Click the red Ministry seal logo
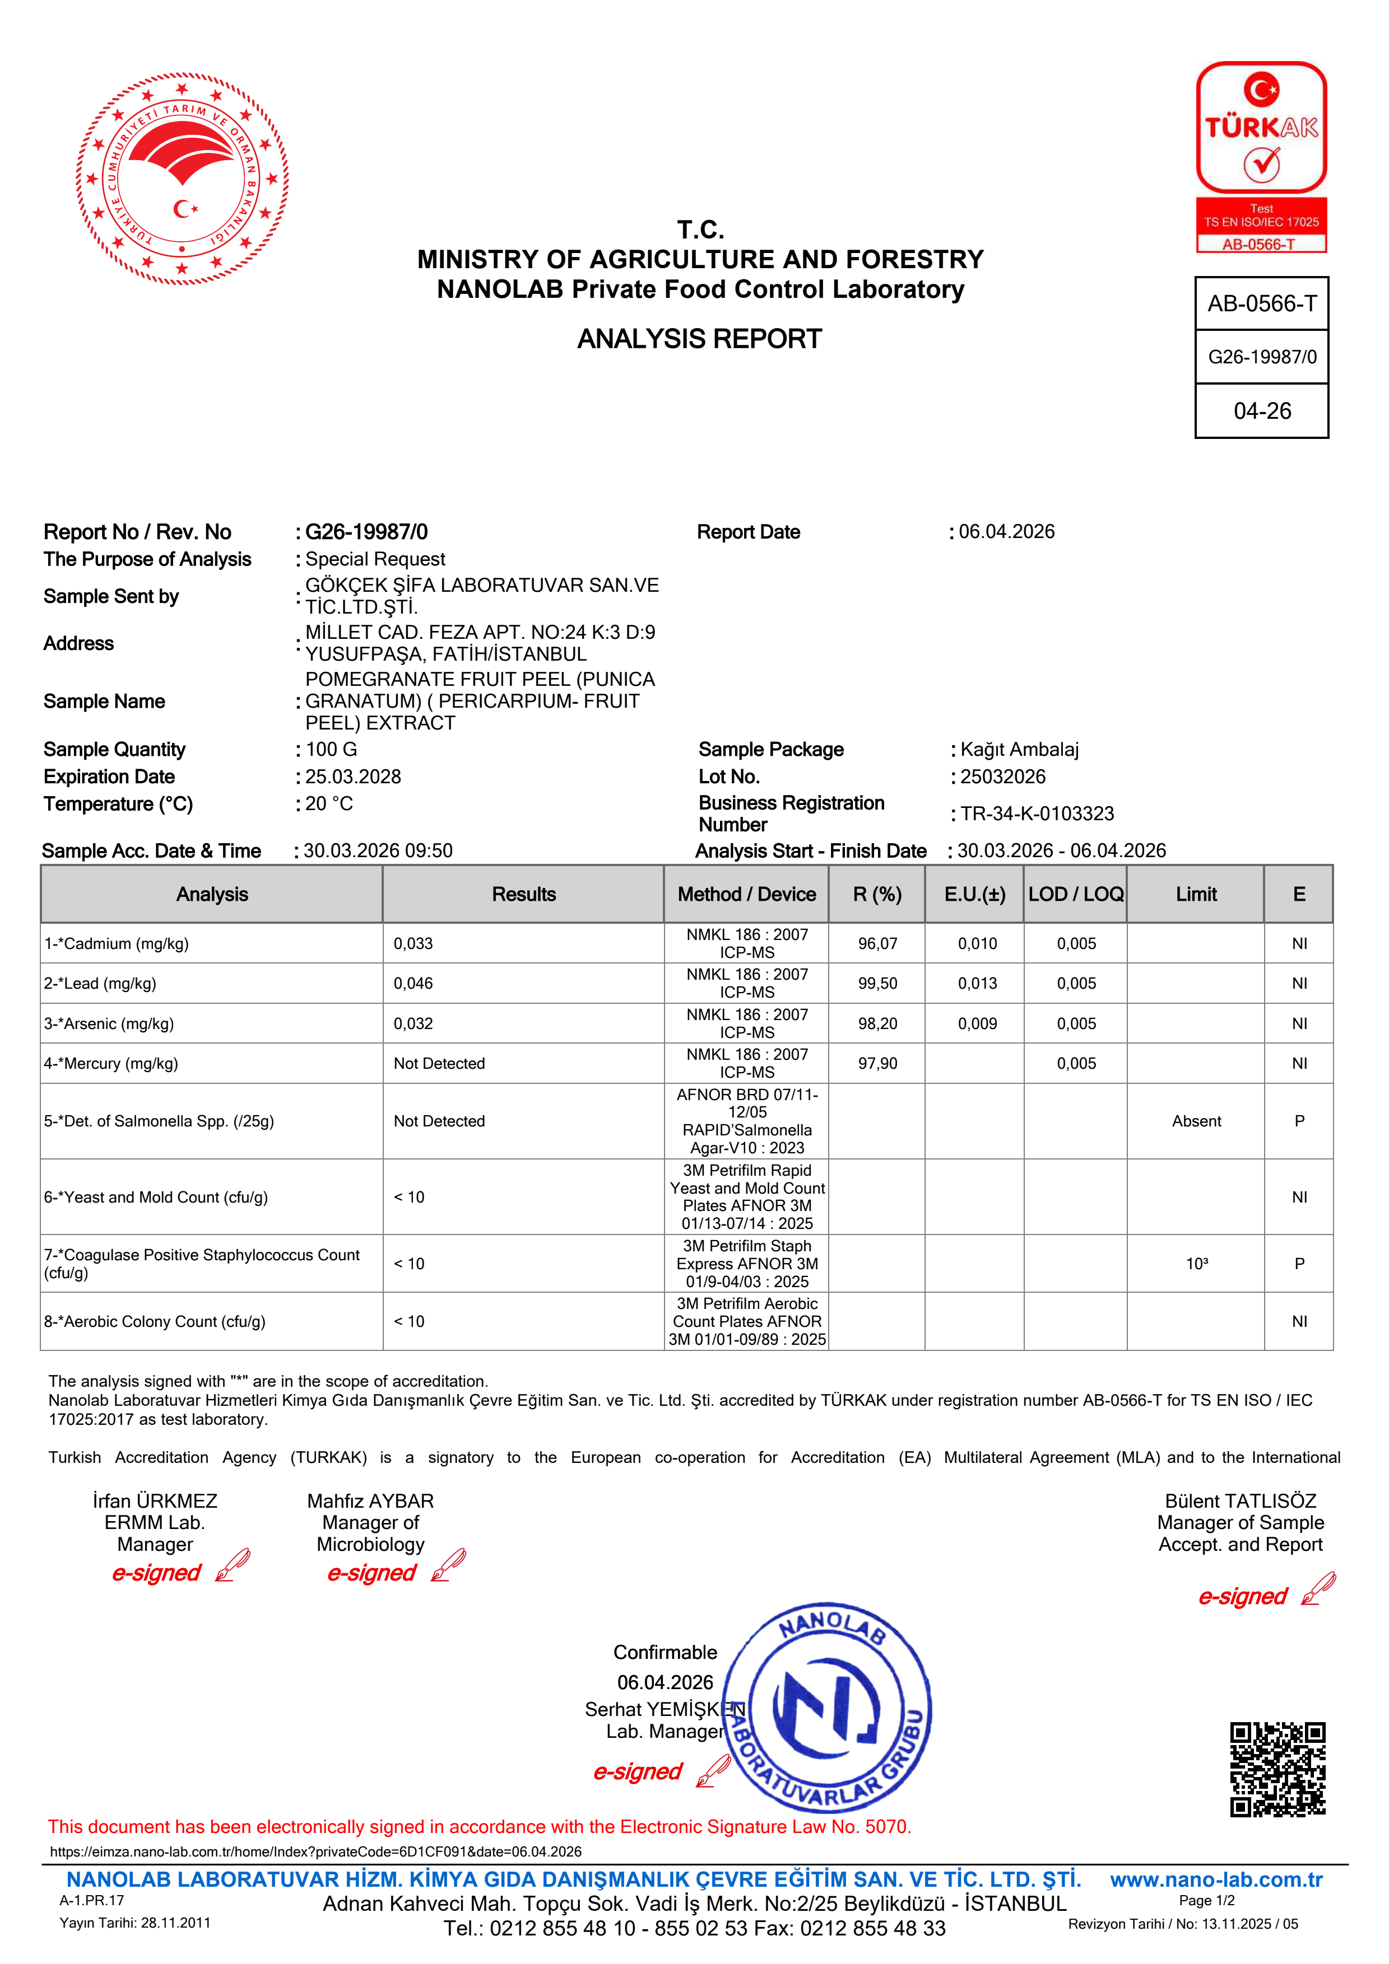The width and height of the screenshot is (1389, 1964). pyautogui.click(x=182, y=179)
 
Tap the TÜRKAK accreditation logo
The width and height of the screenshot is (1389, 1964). pyautogui.click(x=1261, y=157)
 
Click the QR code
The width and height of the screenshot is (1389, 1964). pyautogui.click(x=1277, y=1769)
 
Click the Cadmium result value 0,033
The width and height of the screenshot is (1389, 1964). pyautogui.click(x=414, y=943)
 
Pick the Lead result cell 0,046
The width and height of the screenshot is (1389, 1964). pyautogui.click(x=414, y=984)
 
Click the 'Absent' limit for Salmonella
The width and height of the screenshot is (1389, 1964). pyautogui.click(x=1196, y=1121)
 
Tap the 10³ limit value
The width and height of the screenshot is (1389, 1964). pyautogui.click(x=1196, y=1264)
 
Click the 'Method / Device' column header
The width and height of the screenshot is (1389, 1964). pyautogui.click(x=746, y=894)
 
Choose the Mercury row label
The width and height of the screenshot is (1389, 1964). pyautogui.click(x=112, y=1063)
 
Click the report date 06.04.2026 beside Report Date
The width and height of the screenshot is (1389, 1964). pyautogui.click(x=1006, y=532)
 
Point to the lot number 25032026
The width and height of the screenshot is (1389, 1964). pyautogui.click(x=1002, y=777)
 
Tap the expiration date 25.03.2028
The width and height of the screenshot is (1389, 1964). pyautogui.click(x=352, y=777)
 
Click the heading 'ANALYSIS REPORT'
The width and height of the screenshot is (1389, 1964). pyautogui.click(x=699, y=339)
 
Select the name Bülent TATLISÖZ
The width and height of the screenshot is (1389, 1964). pyautogui.click(x=1240, y=1501)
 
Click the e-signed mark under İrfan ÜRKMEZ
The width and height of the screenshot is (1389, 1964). pyautogui.click(x=157, y=1572)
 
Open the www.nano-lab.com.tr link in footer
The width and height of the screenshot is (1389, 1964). pyautogui.click(x=1216, y=1879)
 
